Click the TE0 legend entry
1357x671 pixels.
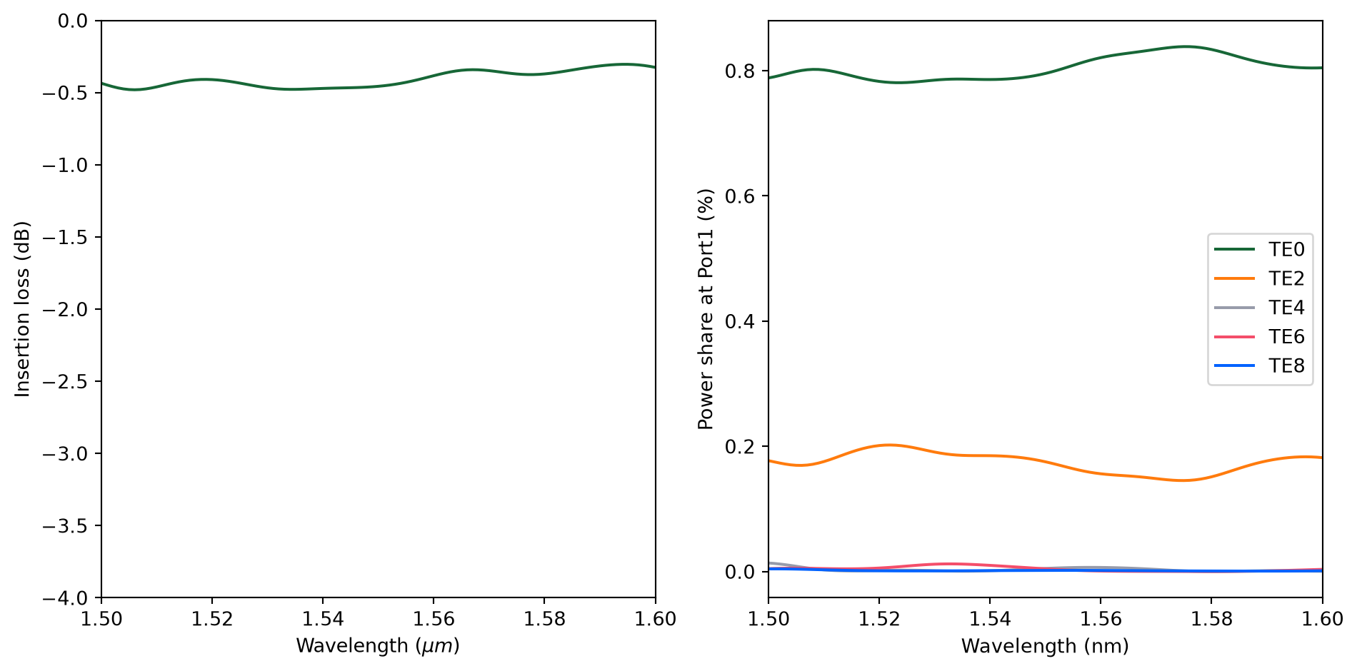[1260, 249]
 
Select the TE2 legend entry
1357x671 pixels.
[1260, 278]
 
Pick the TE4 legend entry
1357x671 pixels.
[1260, 308]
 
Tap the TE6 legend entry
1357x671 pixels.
[1260, 337]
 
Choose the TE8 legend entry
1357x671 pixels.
[1260, 366]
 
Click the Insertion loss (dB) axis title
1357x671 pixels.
[22, 309]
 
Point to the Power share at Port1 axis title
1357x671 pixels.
[706, 309]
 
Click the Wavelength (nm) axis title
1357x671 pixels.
[1045, 646]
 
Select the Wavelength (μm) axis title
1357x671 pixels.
[378, 646]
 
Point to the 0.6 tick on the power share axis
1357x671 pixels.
[740, 196]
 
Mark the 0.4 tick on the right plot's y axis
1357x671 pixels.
[740, 321]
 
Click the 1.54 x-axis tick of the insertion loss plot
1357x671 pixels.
[323, 619]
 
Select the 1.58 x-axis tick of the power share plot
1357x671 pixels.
[1211, 619]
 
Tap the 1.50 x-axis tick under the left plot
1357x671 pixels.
[101, 619]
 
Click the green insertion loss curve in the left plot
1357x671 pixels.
[378, 86]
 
